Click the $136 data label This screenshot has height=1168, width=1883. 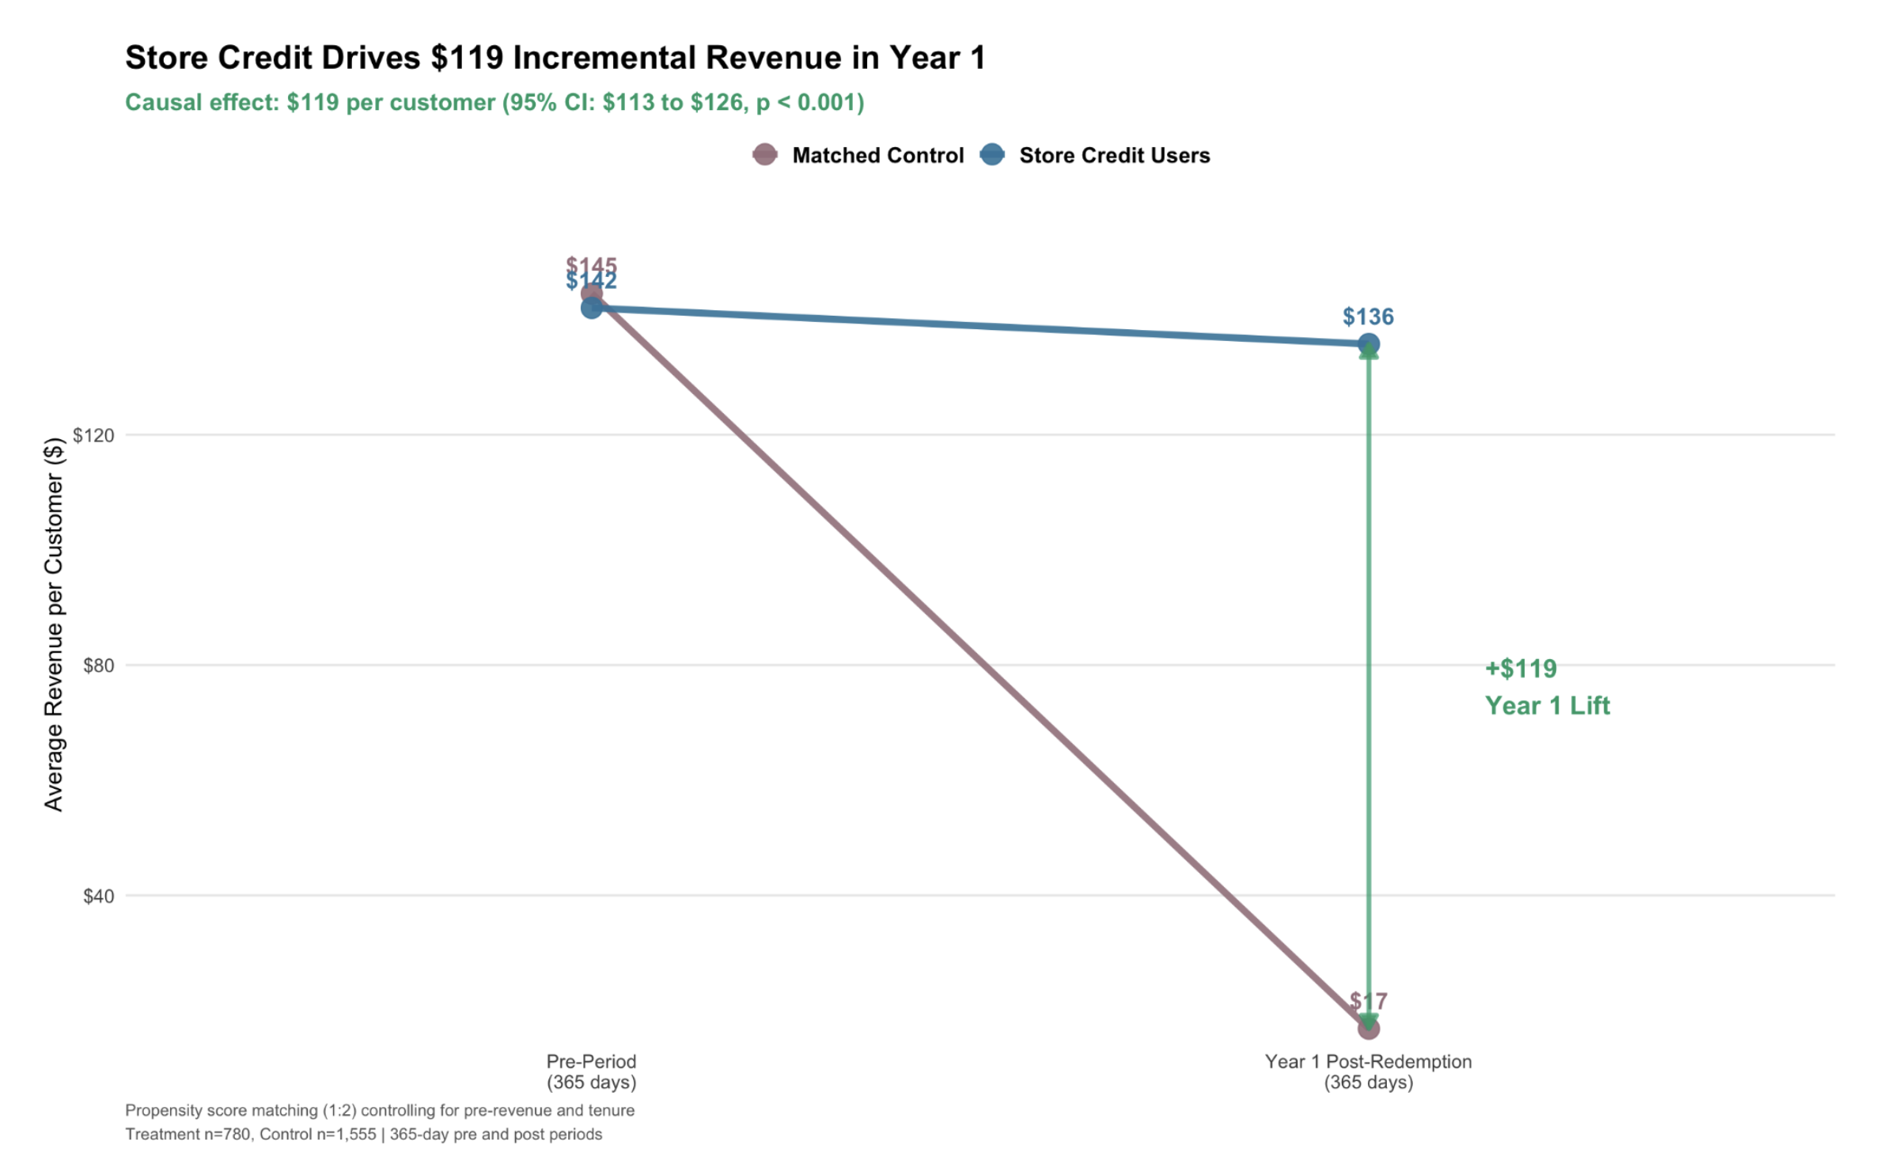(x=1368, y=317)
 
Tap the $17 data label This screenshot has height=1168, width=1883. (x=1368, y=1001)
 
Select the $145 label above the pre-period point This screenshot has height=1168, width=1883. (x=591, y=265)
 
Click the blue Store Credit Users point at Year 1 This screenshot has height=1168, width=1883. (x=1368, y=344)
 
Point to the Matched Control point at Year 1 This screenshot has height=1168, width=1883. (x=1368, y=1029)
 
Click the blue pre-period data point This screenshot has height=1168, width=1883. (x=591, y=309)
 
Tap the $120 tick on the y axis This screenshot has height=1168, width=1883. (x=93, y=435)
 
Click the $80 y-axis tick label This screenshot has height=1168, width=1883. (x=98, y=666)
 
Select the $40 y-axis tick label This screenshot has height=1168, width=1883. (x=98, y=896)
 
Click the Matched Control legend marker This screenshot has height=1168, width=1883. (x=764, y=155)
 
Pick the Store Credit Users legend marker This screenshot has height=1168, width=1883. (x=992, y=155)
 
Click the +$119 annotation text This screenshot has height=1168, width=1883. (x=1521, y=669)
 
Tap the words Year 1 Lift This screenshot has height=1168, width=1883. (x=1547, y=706)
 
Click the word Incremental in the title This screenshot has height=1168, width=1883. (x=601, y=58)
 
